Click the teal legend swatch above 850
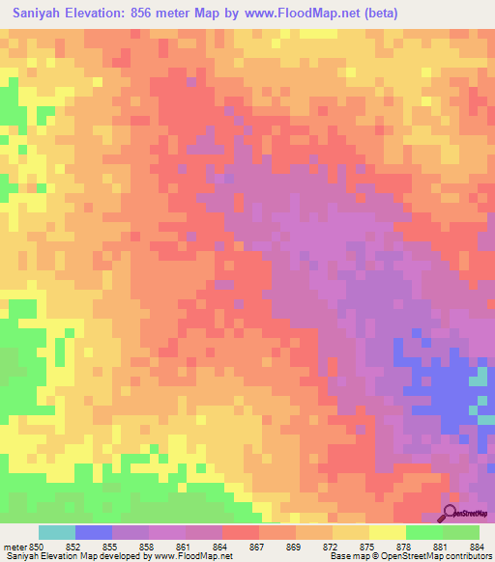(x=57, y=532)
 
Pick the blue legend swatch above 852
(x=94, y=532)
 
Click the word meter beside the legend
(x=15, y=546)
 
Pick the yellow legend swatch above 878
(x=388, y=532)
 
